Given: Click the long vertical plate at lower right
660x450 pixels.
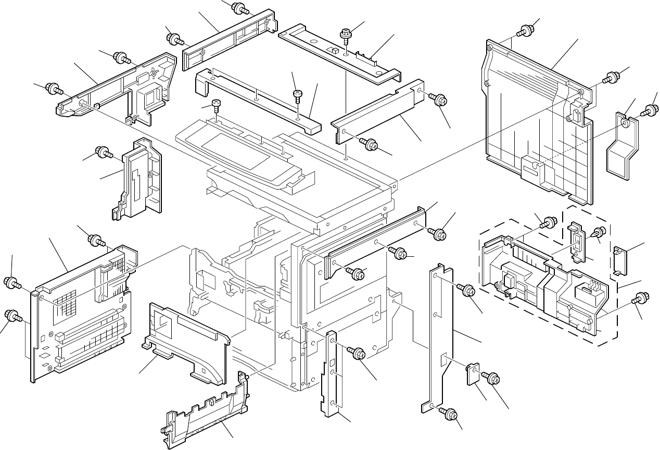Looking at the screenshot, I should [442, 339].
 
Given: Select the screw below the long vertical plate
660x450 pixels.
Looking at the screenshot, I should [449, 414].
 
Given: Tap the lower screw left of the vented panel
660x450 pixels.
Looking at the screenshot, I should [12, 316].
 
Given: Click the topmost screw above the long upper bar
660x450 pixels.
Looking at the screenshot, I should [239, 7].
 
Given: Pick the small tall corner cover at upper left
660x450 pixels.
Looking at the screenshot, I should [138, 180].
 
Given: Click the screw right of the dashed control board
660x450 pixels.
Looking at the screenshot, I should [639, 299].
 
